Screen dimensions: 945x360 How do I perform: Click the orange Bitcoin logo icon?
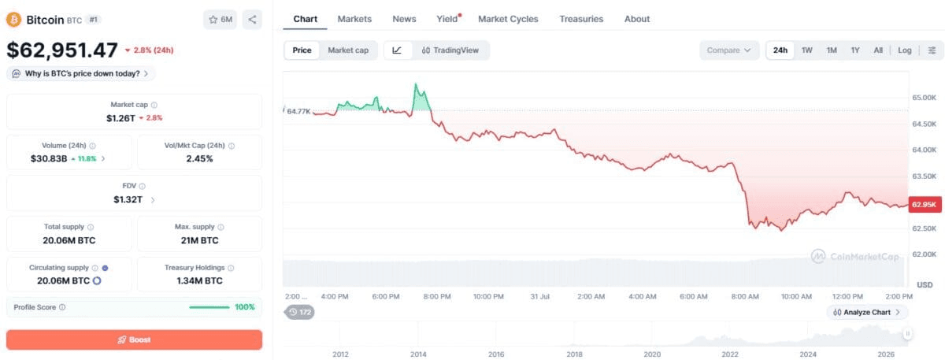click(13, 20)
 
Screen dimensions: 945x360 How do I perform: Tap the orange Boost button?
click(134, 340)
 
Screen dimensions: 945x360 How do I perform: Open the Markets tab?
click(354, 19)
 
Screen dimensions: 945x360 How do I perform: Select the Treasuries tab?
click(581, 19)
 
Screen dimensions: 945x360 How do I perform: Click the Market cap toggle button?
click(348, 50)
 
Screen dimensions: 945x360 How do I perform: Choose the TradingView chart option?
click(450, 50)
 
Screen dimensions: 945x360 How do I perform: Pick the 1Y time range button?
click(854, 50)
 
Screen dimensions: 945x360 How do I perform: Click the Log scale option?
click(905, 50)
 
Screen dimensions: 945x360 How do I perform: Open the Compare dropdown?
click(729, 50)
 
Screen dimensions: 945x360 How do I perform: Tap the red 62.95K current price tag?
click(925, 205)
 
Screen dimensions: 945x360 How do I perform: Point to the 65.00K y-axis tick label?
click(924, 98)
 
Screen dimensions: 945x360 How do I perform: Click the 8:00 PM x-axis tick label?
click(437, 297)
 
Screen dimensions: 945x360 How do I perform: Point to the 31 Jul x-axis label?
click(539, 297)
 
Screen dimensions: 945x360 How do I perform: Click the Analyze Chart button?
click(866, 312)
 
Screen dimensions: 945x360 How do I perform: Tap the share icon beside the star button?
click(252, 20)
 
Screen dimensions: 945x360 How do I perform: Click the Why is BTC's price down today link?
click(81, 73)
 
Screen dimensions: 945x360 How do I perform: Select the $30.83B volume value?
click(49, 158)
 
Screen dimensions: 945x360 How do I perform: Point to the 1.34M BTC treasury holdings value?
click(199, 280)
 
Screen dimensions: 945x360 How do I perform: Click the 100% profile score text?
click(245, 306)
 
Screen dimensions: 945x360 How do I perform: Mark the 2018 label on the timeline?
click(574, 354)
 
